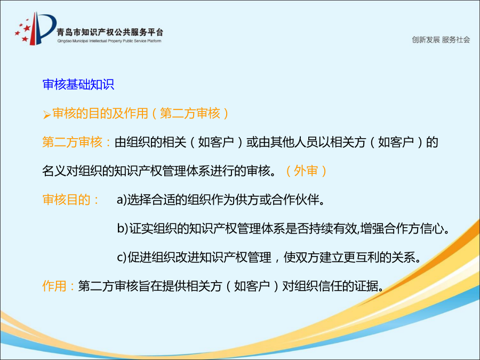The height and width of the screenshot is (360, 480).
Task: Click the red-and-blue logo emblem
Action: [x=35, y=28]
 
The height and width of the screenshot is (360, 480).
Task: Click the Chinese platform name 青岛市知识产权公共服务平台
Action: [x=110, y=32]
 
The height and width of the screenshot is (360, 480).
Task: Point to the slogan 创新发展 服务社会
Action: [x=441, y=39]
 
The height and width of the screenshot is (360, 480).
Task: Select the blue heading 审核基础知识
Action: [x=78, y=84]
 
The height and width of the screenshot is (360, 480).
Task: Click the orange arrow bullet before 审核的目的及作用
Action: [x=47, y=115]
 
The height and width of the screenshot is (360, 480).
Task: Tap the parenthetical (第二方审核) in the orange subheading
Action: [x=190, y=113]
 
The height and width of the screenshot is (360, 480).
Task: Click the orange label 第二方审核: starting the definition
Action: [x=76, y=142]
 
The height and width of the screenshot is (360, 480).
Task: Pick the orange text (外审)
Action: [x=306, y=171]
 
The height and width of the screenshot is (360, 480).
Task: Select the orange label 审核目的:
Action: [x=70, y=199]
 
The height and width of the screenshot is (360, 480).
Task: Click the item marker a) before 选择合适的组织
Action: [x=122, y=199]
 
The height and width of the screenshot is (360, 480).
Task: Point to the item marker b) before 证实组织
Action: [x=123, y=228]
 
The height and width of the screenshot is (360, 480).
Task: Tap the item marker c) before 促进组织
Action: [x=122, y=257]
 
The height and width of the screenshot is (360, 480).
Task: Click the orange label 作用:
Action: [x=58, y=286]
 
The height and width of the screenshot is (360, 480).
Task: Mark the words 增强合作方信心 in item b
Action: [x=402, y=228]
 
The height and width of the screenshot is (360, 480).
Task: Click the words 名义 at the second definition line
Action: [x=54, y=171]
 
